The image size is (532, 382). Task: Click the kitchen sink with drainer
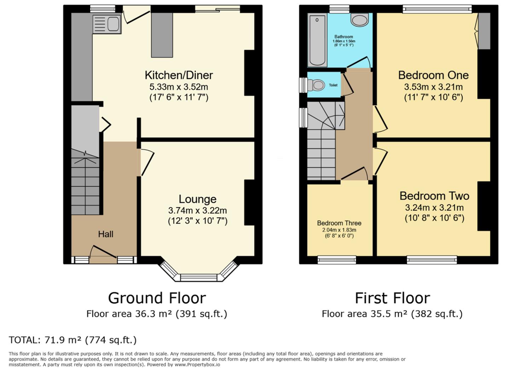click(x=107, y=23)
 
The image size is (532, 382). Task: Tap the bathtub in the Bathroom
click(x=317, y=40)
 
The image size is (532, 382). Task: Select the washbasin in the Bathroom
click(x=360, y=19)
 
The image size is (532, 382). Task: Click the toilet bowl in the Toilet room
click(x=316, y=85)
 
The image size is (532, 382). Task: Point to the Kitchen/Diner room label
click(x=179, y=75)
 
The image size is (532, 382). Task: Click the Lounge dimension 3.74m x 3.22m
click(x=198, y=210)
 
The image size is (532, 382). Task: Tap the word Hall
click(x=106, y=234)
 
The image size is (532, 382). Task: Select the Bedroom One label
click(x=433, y=75)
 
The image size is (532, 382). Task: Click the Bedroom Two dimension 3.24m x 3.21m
click(x=434, y=208)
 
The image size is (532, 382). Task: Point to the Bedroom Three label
click(x=339, y=223)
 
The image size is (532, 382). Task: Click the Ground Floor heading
click(x=157, y=298)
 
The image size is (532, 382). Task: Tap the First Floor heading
click(x=392, y=298)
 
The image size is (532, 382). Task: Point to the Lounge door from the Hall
click(x=147, y=162)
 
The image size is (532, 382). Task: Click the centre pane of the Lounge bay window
click(x=198, y=278)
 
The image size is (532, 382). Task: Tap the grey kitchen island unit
click(x=162, y=35)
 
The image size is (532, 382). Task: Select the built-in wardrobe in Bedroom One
click(x=484, y=31)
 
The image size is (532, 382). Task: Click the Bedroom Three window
click(x=337, y=260)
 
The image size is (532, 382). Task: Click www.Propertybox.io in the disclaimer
click(x=197, y=365)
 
